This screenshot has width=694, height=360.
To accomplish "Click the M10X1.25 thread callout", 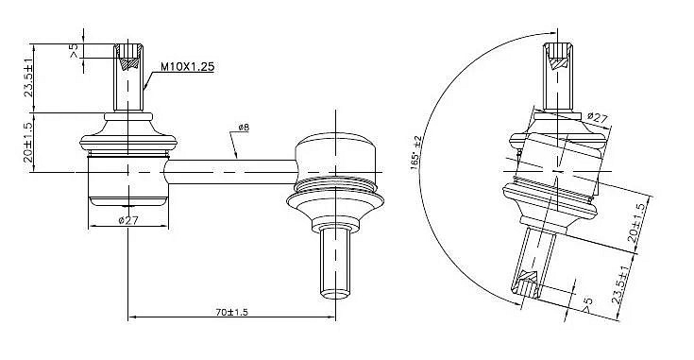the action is point(187,67).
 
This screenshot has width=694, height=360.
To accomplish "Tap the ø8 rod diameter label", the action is point(244,127).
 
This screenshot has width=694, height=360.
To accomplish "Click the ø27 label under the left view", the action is point(128,220).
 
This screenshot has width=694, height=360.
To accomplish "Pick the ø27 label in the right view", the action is point(598,118).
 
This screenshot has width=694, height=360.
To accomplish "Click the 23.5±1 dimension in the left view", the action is point(28,77).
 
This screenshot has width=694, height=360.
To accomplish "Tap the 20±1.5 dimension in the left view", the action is point(28,142).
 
